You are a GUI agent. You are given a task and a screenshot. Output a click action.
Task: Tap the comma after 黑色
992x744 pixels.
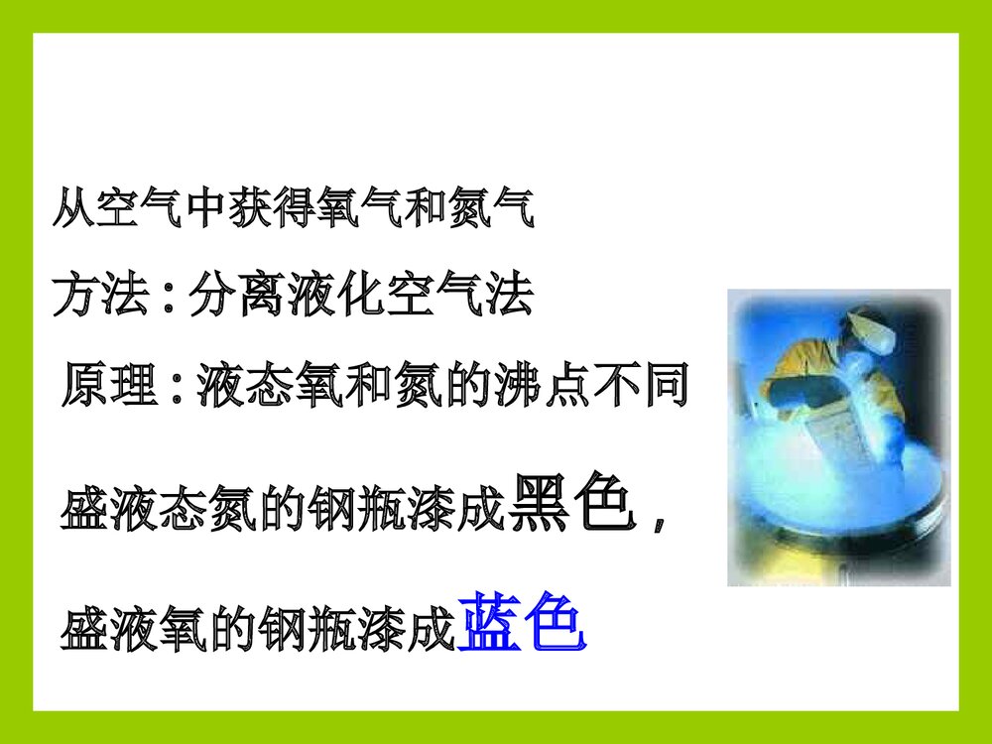coord(660,518)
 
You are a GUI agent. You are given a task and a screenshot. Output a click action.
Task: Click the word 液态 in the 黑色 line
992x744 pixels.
coord(159,511)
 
